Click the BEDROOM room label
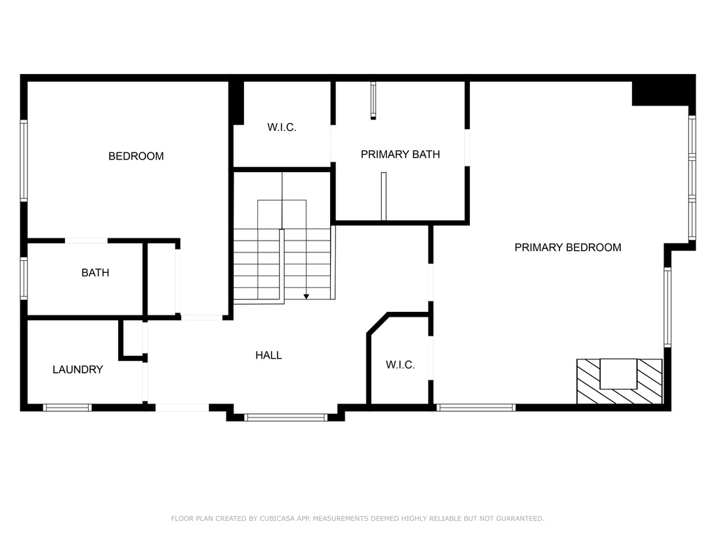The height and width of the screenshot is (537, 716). (136, 156)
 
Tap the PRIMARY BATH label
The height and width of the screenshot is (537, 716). (400, 155)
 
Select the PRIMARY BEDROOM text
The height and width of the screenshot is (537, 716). (568, 248)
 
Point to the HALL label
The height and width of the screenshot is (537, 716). (268, 355)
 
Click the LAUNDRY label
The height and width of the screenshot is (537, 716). (78, 369)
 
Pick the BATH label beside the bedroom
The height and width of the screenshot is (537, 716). (95, 273)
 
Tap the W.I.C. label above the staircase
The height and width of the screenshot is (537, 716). (282, 127)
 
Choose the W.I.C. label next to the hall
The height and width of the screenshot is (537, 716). (400, 365)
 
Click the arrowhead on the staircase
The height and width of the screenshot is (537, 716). (306, 296)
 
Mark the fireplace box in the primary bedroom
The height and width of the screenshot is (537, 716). (620, 381)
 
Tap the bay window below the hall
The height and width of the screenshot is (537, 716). (286, 417)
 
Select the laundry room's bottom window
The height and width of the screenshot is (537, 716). (68, 408)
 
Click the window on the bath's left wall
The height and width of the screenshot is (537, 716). (24, 278)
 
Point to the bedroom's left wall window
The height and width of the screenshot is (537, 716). (24, 160)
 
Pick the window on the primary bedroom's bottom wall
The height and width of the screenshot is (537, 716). (475, 408)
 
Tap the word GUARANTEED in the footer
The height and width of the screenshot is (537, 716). (520, 518)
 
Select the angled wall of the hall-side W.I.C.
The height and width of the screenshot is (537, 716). (378, 324)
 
